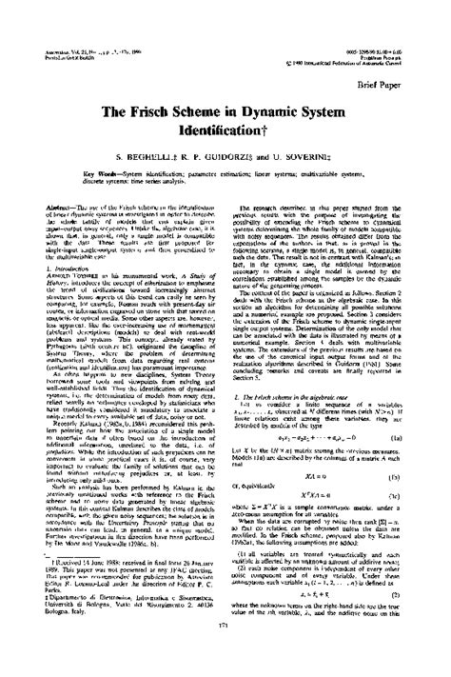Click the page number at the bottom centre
[225, 650]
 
